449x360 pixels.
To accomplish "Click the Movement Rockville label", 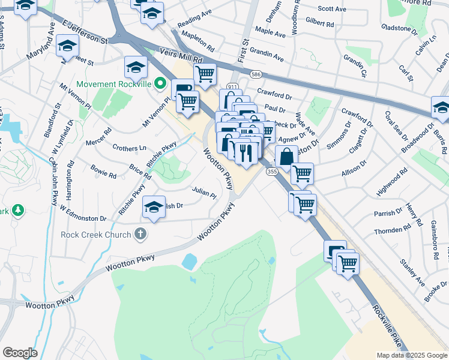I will point(115,83).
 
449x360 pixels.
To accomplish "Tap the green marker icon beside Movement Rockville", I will point(160,83).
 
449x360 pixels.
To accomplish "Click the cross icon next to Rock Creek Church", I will point(140,233).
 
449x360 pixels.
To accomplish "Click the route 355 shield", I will point(271,172).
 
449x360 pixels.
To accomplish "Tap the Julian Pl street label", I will point(203,194).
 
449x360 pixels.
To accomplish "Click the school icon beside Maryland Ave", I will point(68,46).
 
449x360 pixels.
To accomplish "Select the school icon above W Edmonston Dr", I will point(154,208).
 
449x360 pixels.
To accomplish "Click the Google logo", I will point(20,353).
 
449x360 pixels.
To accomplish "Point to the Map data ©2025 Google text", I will point(411,355).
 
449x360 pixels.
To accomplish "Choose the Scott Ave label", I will point(332,9).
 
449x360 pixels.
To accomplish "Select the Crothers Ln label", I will point(129,148).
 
